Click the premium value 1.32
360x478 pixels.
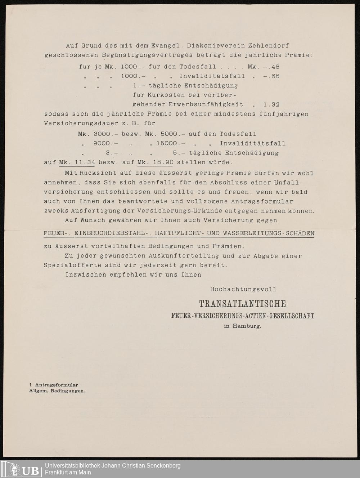[x=271, y=104]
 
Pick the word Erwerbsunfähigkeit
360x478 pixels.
[x=206, y=104]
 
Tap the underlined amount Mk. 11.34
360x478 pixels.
[x=77, y=162]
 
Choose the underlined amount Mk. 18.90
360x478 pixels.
[x=155, y=162]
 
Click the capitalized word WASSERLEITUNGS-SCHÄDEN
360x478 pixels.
[x=269, y=233]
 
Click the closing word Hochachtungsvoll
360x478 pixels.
[x=243, y=289]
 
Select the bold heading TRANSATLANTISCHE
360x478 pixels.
[x=243, y=304]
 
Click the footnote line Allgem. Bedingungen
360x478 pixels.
[x=57, y=391]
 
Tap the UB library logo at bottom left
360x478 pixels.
[x=22, y=469]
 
